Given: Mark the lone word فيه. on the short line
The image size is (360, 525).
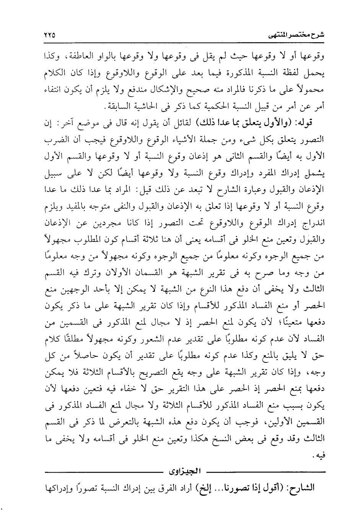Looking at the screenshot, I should point(319,456).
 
